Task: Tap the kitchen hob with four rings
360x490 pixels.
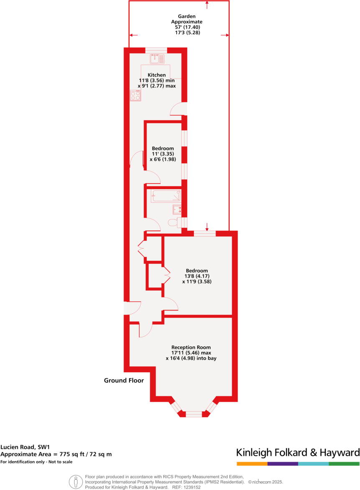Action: point(135,96)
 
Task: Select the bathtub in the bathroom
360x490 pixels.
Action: point(166,196)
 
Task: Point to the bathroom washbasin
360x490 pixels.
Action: point(177,209)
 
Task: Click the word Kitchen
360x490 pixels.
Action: point(157,75)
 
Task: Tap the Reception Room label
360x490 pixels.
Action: point(191,347)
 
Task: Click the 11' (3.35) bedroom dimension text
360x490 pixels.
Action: point(162,154)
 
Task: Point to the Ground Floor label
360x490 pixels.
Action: point(124,381)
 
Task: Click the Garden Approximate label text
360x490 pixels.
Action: point(187,19)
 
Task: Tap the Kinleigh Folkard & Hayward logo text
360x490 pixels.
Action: point(298,452)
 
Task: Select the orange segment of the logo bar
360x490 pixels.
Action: point(252,464)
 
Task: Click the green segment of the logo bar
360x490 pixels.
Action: point(344,464)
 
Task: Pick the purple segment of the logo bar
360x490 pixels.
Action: point(283,464)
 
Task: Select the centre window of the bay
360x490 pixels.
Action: point(193,414)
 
